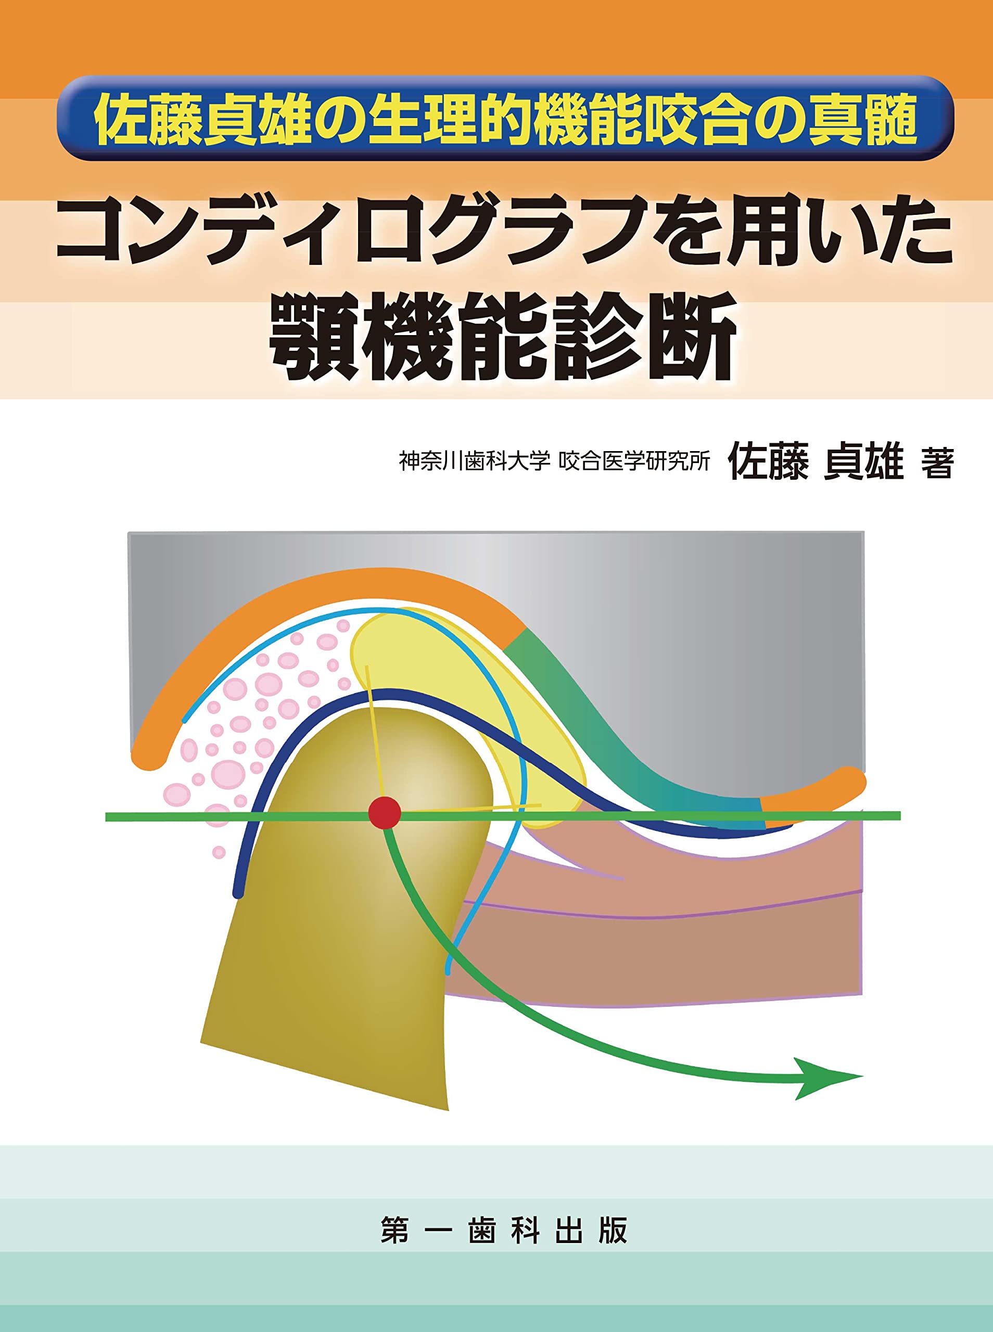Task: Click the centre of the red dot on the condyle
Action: click(384, 813)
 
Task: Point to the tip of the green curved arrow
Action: click(863, 1076)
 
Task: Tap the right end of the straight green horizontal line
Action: click(900, 815)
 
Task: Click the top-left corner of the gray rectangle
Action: click(129, 532)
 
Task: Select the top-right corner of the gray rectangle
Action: click(864, 532)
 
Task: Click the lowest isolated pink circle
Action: click(219, 852)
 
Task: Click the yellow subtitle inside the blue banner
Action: click(505, 120)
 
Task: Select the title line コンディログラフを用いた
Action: click(504, 234)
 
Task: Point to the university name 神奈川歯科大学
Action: click(475, 461)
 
